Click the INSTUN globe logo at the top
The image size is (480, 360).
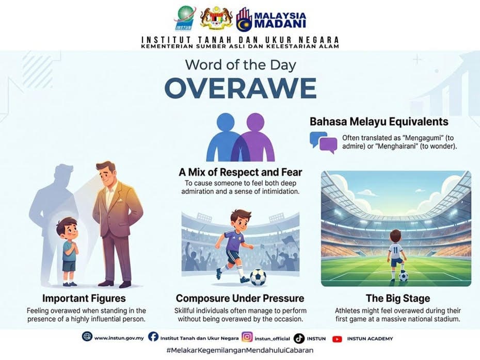pos(185,19)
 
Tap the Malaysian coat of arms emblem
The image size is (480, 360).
pos(216,18)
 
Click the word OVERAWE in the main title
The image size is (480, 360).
pos(241,88)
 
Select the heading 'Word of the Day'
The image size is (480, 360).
pos(241,65)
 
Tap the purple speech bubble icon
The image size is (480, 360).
pos(328,145)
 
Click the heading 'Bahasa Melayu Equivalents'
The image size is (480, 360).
pos(379,121)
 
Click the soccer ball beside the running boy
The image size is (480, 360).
pos(258,277)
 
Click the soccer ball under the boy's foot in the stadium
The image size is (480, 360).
pos(404,277)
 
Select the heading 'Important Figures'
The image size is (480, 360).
pos(84,298)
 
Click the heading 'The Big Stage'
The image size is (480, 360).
pos(398,298)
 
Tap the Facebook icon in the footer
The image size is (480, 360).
pos(153,337)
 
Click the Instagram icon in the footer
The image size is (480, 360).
pos(247,337)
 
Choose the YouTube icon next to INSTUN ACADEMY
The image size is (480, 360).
pos(337,339)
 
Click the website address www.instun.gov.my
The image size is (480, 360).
pos(119,338)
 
